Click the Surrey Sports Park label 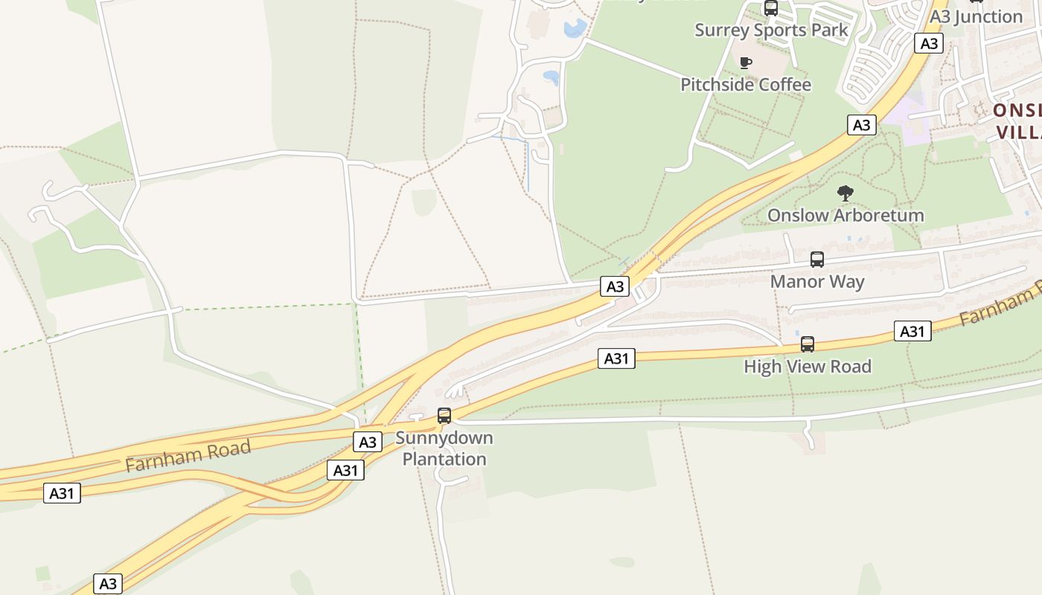(x=771, y=30)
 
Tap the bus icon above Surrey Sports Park (x=771, y=8)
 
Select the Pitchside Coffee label (x=746, y=85)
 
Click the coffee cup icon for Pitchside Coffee (x=746, y=62)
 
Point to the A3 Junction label (x=977, y=16)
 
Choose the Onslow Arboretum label (x=846, y=216)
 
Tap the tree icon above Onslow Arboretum (x=845, y=193)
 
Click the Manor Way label (x=817, y=282)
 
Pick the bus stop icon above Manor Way (x=817, y=260)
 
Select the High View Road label (x=808, y=367)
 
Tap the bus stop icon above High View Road (x=808, y=344)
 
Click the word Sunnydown (x=444, y=438)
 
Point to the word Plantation (x=444, y=459)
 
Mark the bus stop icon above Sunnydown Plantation (x=444, y=416)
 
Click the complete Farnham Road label (x=188, y=455)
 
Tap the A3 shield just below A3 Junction (x=929, y=43)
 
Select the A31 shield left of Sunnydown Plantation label (x=345, y=470)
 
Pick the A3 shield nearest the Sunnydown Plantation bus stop (x=368, y=443)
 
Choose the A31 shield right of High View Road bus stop (x=912, y=331)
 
